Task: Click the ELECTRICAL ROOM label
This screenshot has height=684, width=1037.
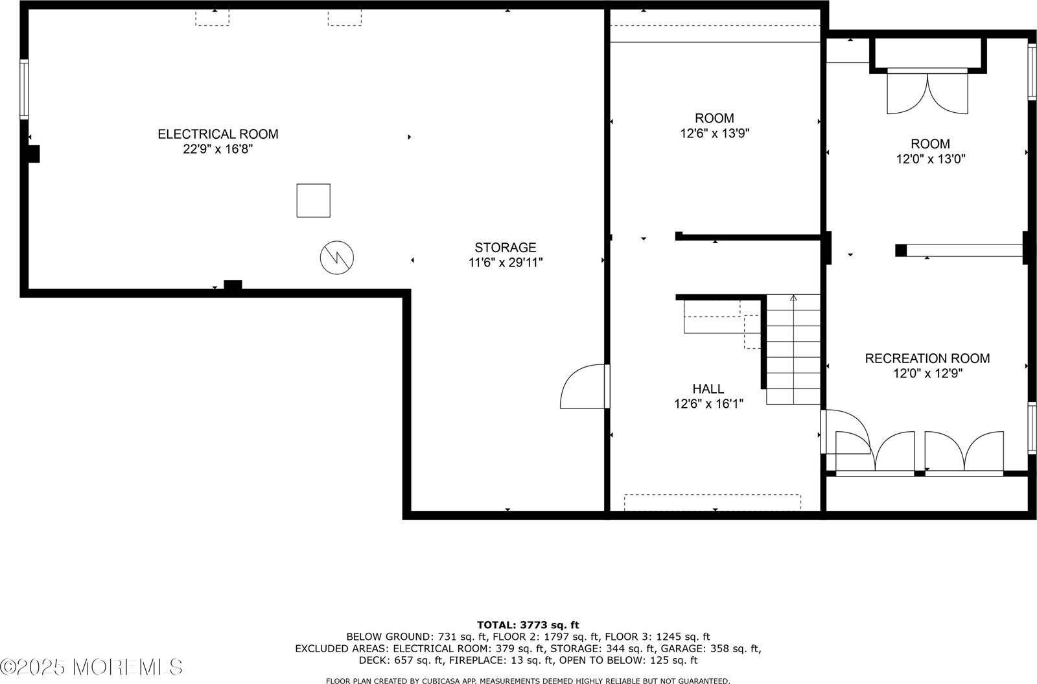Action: coord(218,134)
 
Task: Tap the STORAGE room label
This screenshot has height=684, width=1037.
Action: coord(506,247)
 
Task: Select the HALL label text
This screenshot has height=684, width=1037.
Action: coord(708,389)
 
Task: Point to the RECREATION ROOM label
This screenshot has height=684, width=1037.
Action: coord(927,359)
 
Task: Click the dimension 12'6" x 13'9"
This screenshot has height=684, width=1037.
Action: coord(715,134)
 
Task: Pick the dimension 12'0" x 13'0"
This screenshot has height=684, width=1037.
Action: coord(931,159)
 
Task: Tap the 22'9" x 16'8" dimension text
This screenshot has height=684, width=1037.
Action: coord(218,149)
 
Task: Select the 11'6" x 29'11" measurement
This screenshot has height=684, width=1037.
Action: coord(506,263)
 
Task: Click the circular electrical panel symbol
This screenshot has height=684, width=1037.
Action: coord(337,258)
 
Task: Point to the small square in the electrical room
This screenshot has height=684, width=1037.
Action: coord(314,200)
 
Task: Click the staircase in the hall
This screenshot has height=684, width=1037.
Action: coord(793,350)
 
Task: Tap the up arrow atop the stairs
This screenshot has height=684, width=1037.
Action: coord(793,298)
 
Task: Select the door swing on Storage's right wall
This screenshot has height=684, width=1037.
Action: coord(583,387)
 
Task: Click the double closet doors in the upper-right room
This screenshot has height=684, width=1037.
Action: coord(927,93)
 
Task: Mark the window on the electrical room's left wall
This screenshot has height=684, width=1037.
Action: coord(24,89)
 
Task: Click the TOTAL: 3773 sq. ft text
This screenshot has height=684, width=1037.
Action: coord(528,625)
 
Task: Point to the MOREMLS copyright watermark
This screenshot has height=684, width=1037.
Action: coord(91,666)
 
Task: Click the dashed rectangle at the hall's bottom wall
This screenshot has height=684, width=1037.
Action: coord(712,502)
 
